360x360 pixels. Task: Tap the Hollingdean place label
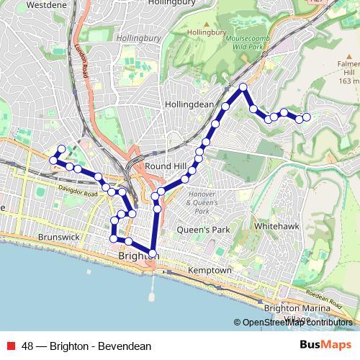point(189,104)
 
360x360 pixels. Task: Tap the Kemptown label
point(209,270)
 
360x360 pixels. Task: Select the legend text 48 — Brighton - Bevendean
point(86,346)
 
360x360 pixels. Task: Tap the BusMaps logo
point(326,346)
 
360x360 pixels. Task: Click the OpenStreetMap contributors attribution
point(296,323)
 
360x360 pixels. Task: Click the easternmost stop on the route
point(307,117)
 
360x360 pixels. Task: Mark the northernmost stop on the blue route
point(243,87)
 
